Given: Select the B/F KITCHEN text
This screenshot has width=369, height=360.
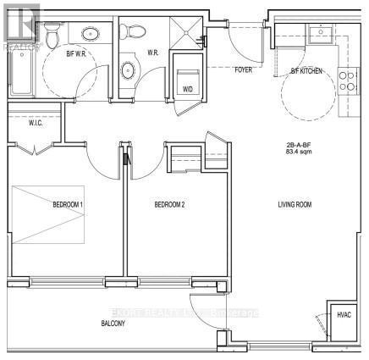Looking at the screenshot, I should point(308,71).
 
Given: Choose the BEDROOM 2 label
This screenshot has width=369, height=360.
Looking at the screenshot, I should point(169,205).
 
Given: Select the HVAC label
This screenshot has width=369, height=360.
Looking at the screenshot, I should point(342,315).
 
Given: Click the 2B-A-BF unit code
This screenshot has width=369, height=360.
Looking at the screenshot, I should point(297,146).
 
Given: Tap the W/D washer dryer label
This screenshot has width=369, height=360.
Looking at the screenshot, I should point(185,86).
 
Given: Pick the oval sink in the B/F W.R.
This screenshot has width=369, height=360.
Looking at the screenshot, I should point(89,35).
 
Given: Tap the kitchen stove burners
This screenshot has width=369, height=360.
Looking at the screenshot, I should point(347,80).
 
